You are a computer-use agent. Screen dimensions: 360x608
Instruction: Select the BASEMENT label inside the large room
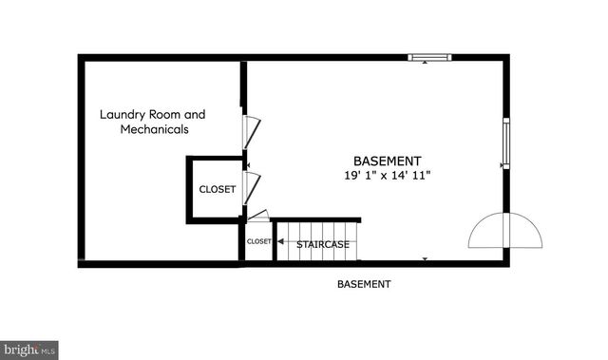point(388,161)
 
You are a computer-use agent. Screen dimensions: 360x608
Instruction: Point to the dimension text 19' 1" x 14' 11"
point(388,176)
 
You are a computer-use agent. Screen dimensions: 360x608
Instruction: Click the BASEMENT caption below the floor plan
point(364,284)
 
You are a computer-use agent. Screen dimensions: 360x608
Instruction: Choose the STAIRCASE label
point(323,245)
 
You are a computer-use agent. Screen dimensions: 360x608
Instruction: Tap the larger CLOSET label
point(217,190)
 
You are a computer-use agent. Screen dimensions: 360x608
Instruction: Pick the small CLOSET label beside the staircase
point(258,241)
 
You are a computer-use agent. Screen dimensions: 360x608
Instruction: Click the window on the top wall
point(429,57)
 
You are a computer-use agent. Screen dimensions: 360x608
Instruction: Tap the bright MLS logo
point(28,351)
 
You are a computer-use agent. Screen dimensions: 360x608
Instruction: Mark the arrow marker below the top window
point(424,64)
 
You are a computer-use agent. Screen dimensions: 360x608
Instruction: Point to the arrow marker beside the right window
point(500,164)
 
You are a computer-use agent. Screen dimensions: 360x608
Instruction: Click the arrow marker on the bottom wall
point(425,258)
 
